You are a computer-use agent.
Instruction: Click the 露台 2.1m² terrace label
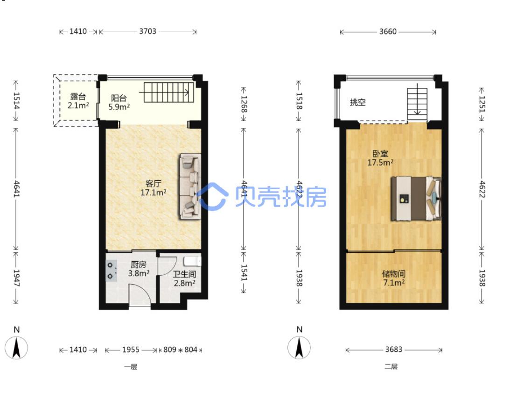click(78, 101)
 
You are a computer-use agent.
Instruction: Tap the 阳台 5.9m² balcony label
click(119, 102)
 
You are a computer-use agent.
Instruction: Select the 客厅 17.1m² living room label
click(154, 188)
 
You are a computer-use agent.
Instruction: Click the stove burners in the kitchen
click(111, 271)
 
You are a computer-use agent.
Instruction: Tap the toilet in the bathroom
click(193, 261)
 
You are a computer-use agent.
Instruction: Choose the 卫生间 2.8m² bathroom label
click(184, 279)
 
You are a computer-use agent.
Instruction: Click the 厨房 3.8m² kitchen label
click(139, 269)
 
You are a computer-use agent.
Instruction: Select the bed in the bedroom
click(416, 199)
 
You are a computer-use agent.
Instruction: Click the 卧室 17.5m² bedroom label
click(380, 158)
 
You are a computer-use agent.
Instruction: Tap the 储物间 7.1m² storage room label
click(394, 279)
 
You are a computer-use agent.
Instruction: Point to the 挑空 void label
click(357, 102)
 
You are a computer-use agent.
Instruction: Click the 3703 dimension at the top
click(147, 31)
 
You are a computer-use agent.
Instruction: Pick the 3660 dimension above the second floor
click(388, 31)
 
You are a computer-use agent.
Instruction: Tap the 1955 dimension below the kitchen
click(131, 350)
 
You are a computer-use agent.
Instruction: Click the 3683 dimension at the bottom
click(394, 350)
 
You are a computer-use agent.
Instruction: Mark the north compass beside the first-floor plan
click(16, 344)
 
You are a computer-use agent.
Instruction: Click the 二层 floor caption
click(391, 366)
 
